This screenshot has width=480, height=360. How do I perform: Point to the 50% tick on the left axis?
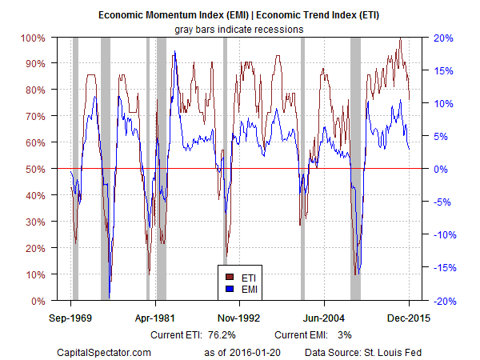coord(34,169)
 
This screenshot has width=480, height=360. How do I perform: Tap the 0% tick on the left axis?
coord(37,301)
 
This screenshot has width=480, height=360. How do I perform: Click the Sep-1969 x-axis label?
coord(70,316)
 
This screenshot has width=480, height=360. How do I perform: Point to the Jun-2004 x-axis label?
coord(324,316)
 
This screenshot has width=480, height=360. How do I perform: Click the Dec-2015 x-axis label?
coord(409,316)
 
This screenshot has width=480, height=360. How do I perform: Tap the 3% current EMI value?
coord(345,334)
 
